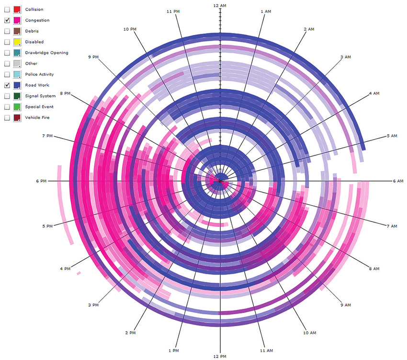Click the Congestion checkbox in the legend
(x=7, y=21)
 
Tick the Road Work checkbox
(x=7, y=85)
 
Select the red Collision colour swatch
(x=17, y=10)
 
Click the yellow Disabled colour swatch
(x=17, y=42)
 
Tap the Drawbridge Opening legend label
(x=46, y=53)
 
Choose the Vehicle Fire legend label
(x=37, y=117)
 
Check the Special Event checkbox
(x=7, y=107)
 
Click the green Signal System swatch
(x=17, y=96)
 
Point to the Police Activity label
(x=39, y=74)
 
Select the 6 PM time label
(x=41, y=181)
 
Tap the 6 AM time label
(x=398, y=181)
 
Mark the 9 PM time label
(x=93, y=57)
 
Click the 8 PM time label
(x=65, y=93)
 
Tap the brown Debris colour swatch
(x=17, y=31)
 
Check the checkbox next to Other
(x=7, y=64)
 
